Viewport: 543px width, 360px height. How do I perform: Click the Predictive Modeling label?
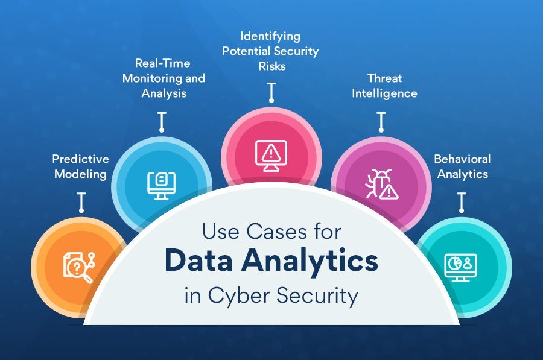[x=80, y=167]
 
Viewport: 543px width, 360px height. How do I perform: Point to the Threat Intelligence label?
[x=384, y=86]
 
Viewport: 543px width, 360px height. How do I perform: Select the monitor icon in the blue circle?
[x=161, y=183]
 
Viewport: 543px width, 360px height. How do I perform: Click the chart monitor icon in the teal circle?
[x=460, y=265]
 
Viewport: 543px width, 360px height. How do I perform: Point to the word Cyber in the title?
[x=237, y=297]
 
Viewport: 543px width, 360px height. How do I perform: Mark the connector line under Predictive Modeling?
[x=80, y=202]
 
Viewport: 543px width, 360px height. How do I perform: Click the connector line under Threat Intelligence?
[x=381, y=121]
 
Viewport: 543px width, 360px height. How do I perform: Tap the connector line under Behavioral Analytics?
[x=462, y=202]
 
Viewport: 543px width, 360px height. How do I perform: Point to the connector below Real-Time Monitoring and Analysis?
[x=161, y=121]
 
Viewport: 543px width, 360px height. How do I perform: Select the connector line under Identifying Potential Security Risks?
[x=271, y=92]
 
